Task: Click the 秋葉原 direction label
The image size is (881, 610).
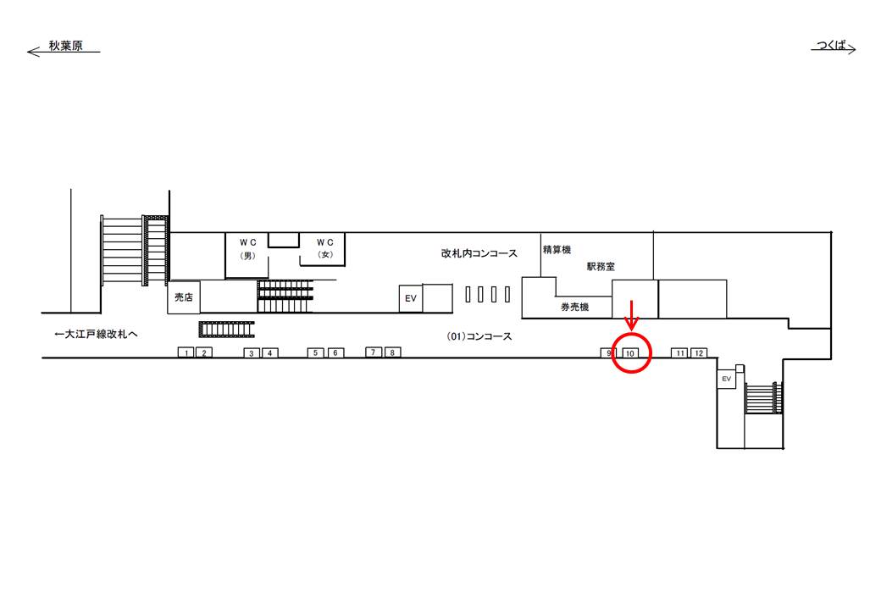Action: (x=65, y=47)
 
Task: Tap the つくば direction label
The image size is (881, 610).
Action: (x=832, y=46)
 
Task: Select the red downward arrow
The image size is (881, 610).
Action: (x=630, y=317)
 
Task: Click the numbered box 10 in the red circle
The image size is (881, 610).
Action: (x=630, y=353)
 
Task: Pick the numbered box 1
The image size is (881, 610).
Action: (x=186, y=352)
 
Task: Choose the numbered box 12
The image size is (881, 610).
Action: (x=698, y=352)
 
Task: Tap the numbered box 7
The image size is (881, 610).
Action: (x=374, y=352)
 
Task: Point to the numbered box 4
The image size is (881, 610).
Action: (x=269, y=352)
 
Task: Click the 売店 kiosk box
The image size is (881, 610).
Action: (x=184, y=297)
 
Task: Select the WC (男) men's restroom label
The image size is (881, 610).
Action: (x=248, y=247)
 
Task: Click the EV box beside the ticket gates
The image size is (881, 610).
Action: (x=411, y=298)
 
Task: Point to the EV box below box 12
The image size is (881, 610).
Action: (x=726, y=380)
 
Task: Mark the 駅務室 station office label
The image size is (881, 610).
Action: (x=601, y=266)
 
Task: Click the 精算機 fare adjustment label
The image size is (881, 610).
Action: (x=557, y=250)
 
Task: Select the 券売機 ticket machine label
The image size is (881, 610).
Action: (x=573, y=307)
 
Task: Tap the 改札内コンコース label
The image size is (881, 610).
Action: (x=479, y=253)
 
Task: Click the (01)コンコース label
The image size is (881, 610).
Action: (x=479, y=336)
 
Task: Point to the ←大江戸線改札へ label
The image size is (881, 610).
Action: (x=95, y=335)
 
